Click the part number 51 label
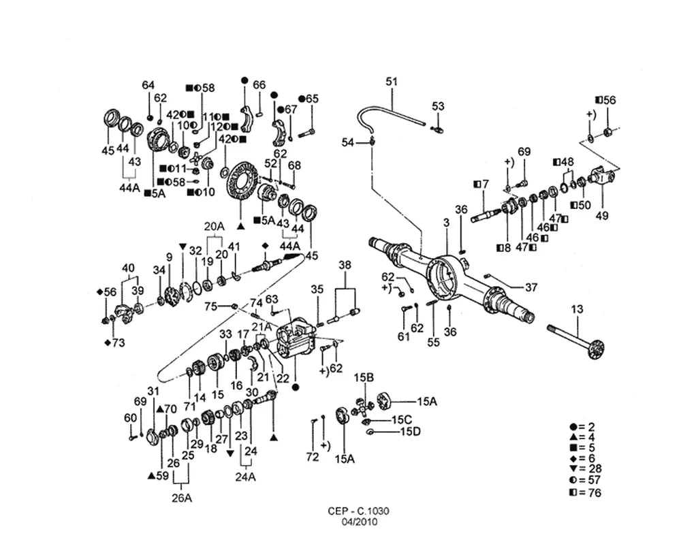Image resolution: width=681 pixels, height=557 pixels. [x=392, y=81]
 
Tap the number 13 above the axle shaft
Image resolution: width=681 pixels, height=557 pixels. [x=577, y=310]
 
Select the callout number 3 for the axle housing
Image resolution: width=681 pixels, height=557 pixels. [x=446, y=223]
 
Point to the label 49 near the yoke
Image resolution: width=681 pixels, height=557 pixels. [x=602, y=215]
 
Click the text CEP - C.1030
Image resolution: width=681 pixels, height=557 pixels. [x=358, y=511]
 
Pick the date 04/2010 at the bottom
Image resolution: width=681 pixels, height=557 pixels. [x=359, y=522]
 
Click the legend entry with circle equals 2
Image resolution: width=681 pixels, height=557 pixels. [x=582, y=427]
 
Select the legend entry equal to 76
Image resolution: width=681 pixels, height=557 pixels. [x=586, y=493]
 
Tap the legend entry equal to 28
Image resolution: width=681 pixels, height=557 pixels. [x=586, y=469]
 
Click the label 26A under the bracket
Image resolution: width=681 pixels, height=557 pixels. [x=182, y=498]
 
